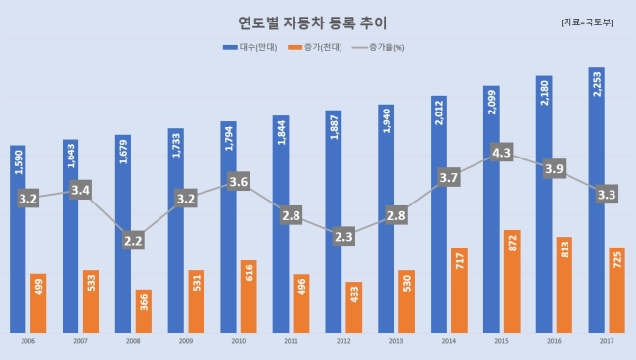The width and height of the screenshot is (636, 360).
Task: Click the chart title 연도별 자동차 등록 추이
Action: [312, 23]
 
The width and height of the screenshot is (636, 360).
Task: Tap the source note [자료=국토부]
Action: [586, 22]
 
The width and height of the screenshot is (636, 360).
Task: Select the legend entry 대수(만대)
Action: [250, 47]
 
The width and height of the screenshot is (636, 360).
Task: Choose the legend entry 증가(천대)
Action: [315, 47]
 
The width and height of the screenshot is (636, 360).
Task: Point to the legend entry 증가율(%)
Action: [378, 47]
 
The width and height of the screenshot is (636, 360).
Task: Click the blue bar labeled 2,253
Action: [596, 201]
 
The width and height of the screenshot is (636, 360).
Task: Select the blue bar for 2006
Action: [18, 239]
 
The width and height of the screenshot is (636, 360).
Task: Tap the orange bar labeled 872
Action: [512, 282]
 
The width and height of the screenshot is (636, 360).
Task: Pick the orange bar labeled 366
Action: [144, 311]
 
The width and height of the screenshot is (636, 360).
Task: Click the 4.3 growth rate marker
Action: [501, 153]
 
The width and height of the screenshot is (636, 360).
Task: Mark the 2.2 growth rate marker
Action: [133, 241]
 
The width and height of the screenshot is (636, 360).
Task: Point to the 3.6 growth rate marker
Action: [239, 181]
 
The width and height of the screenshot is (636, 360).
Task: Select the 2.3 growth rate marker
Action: [343, 236]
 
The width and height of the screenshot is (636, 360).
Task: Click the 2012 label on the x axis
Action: [343, 341]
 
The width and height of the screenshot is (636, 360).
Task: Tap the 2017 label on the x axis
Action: [607, 341]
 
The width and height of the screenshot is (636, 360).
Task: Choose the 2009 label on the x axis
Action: [186, 341]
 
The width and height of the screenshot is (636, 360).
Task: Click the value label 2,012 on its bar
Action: [439, 112]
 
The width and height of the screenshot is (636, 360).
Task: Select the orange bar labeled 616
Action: [249, 296]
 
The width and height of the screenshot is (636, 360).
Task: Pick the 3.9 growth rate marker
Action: [554, 168]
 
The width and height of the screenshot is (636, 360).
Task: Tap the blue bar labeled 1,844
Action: [281, 224]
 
